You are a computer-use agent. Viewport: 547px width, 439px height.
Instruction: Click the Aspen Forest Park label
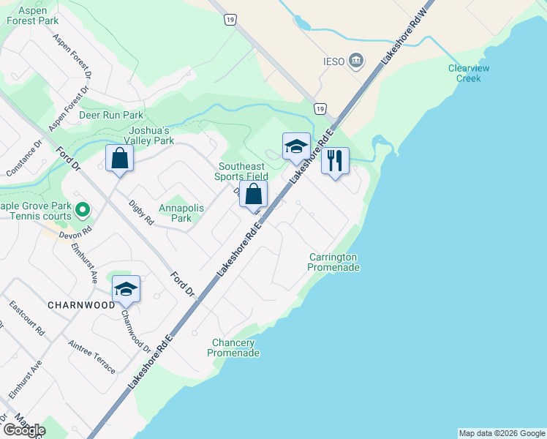pyautogui.click(x=32, y=15)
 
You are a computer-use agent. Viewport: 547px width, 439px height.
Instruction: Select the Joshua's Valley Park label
pyautogui.click(x=149, y=135)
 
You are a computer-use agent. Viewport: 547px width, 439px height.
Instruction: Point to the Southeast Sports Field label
pyautogui.click(x=241, y=171)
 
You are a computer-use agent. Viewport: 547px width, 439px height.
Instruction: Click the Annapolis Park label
pyautogui.click(x=181, y=213)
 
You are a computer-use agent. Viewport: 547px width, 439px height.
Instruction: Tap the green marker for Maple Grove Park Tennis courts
pyautogui.click(x=83, y=211)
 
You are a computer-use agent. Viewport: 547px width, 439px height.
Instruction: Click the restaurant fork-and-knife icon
pyautogui.click(x=335, y=160)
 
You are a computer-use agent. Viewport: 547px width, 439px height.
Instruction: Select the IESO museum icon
pyautogui.click(x=357, y=60)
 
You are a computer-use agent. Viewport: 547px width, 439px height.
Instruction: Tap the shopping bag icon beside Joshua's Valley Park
pyautogui.click(x=119, y=158)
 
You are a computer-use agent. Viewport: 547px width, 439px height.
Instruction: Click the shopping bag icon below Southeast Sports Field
pyautogui.click(x=254, y=195)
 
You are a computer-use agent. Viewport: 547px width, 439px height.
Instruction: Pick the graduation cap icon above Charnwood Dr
pyautogui.click(x=126, y=289)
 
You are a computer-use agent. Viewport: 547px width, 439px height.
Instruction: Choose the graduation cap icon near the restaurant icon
pyautogui.click(x=296, y=146)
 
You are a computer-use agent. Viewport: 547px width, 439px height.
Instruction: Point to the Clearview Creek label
pyautogui.click(x=469, y=73)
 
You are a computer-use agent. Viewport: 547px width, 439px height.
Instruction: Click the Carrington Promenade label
pyautogui.click(x=333, y=262)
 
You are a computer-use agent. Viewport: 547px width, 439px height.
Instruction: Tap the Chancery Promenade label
pyautogui.click(x=233, y=348)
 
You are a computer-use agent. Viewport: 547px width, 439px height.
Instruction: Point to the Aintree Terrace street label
pyautogui.click(x=91, y=356)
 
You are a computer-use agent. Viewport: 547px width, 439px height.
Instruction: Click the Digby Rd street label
pyautogui.click(x=141, y=211)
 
